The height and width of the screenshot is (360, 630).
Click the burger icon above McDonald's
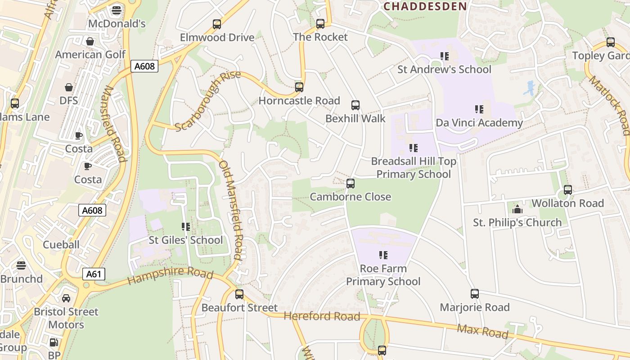[x=117, y=10]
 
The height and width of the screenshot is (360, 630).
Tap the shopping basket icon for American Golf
[x=90, y=41]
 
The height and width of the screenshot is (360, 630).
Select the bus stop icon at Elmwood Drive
[x=217, y=24]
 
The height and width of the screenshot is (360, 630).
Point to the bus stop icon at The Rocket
[x=320, y=24]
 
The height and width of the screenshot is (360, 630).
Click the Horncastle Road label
[x=299, y=101]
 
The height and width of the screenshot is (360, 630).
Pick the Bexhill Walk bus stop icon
[x=355, y=105]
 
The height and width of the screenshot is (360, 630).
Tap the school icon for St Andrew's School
[x=444, y=56]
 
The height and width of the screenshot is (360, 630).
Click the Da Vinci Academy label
[x=479, y=123]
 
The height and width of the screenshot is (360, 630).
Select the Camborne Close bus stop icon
[x=351, y=184]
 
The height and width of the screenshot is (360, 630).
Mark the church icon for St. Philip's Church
[x=517, y=209]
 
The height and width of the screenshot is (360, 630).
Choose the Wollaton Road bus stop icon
[x=568, y=190]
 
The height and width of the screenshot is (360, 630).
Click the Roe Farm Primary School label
[x=383, y=275]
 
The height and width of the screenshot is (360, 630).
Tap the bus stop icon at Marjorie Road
[x=475, y=294]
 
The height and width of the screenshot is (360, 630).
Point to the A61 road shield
[x=94, y=274]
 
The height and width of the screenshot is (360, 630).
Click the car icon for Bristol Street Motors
[x=66, y=298]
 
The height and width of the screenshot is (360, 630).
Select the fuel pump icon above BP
[x=54, y=342]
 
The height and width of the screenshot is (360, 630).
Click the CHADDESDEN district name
[x=425, y=6]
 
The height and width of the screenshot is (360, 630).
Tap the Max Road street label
[x=482, y=331]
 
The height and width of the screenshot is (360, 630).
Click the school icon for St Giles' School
[x=186, y=226]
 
